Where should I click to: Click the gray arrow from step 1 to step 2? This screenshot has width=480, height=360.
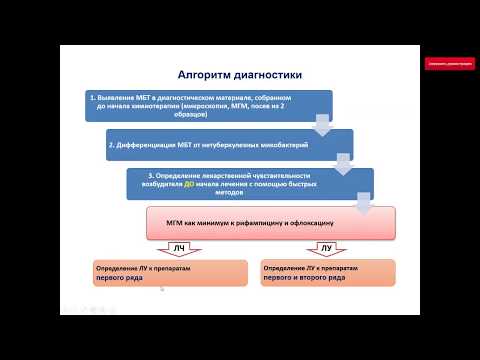pos(322,124)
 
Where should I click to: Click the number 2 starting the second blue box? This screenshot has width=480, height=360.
pos(111,145)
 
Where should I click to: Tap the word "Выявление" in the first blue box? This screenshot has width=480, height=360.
pos(116,98)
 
